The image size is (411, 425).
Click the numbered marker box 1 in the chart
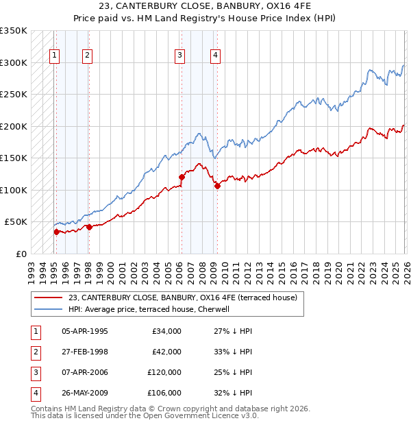(x=54, y=56)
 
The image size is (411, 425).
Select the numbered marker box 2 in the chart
(x=88, y=56)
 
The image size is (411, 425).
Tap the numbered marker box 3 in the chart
(x=179, y=56)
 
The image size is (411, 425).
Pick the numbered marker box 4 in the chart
(x=215, y=56)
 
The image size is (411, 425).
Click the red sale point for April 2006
(x=182, y=177)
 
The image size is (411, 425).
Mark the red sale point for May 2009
(x=217, y=186)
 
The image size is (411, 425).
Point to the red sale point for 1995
(x=56, y=232)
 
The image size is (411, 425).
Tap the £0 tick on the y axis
(x=21, y=254)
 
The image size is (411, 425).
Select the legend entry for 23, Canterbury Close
(x=182, y=297)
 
